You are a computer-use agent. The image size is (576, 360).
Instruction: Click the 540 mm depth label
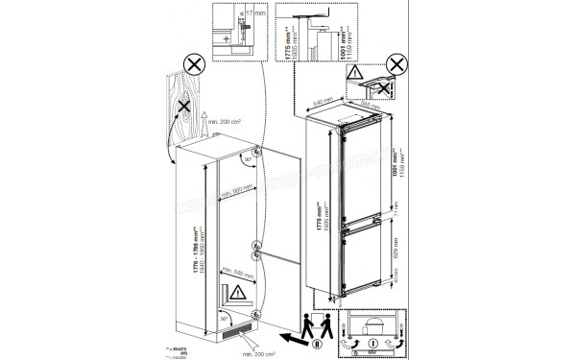coord(321,98)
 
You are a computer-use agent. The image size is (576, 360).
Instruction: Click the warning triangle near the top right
coord(357,71)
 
